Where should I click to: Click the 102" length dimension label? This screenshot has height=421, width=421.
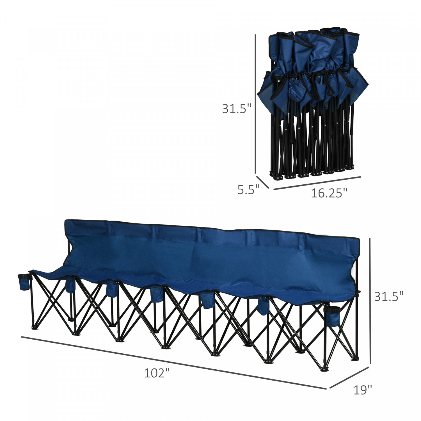click(x=157, y=373)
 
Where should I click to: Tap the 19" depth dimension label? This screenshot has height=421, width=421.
click(x=363, y=390)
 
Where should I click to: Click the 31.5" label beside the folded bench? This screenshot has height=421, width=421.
click(x=237, y=109)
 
